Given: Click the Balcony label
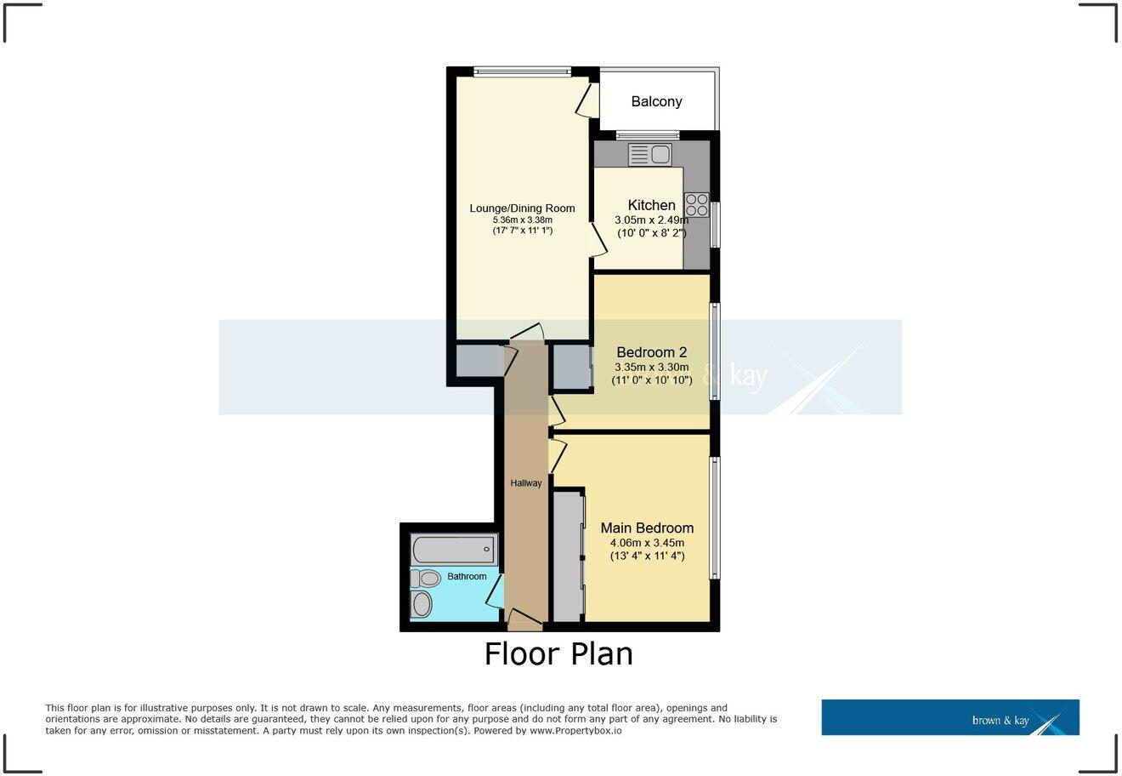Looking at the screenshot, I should (656, 101).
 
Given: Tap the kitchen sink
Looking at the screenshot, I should (650, 154).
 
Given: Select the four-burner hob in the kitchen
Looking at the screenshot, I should (696, 205).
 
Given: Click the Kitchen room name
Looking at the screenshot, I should (651, 205).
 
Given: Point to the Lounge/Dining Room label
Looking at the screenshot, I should (522, 208).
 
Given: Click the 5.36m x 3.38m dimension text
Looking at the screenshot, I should (522, 220).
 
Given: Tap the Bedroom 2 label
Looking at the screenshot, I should (651, 352).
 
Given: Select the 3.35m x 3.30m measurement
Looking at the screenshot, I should (651, 368).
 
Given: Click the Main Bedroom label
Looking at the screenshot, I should (647, 528).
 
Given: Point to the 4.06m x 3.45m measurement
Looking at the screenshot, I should (647, 543).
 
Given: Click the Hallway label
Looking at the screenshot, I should (525, 483).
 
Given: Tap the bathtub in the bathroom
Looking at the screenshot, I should (453, 549).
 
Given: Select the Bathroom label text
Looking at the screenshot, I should (467, 577).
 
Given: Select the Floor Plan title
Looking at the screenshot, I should (558, 653).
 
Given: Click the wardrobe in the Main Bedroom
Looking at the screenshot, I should (568, 556).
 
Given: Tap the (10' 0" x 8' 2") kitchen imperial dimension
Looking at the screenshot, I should (651, 232).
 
